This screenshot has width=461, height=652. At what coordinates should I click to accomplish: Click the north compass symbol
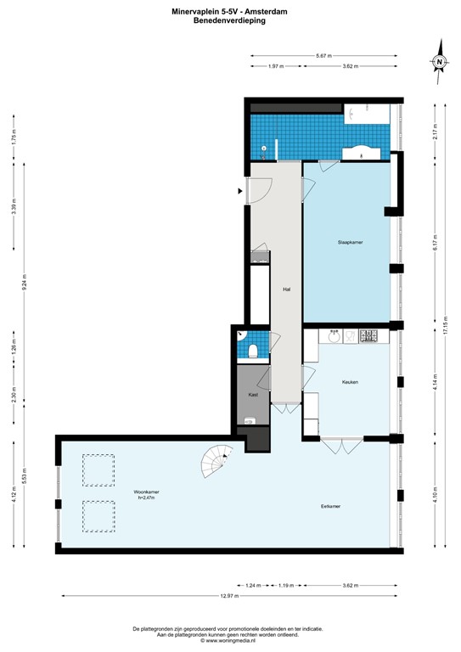(x=439, y=63)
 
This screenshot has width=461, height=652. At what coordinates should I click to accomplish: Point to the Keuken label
(x=350, y=382)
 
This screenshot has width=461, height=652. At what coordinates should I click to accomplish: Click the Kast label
(x=252, y=396)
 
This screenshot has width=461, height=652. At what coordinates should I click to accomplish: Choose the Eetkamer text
(x=331, y=506)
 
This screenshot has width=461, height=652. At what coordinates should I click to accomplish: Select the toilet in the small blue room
(x=254, y=351)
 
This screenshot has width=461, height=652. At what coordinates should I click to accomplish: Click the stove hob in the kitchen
(x=370, y=337)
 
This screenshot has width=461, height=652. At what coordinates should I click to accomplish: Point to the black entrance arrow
(x=240, y=191)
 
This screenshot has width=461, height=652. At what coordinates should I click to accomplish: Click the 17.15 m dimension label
(x=446, y=326)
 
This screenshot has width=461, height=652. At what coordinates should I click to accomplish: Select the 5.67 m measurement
(x=323, y=56)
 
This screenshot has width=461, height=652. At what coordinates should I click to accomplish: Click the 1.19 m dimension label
(x=286, y=586)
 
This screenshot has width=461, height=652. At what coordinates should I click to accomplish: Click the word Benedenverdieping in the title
(x=229, y=20)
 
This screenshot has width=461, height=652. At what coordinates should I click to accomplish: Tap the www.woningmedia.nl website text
(x=229, y=641)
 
